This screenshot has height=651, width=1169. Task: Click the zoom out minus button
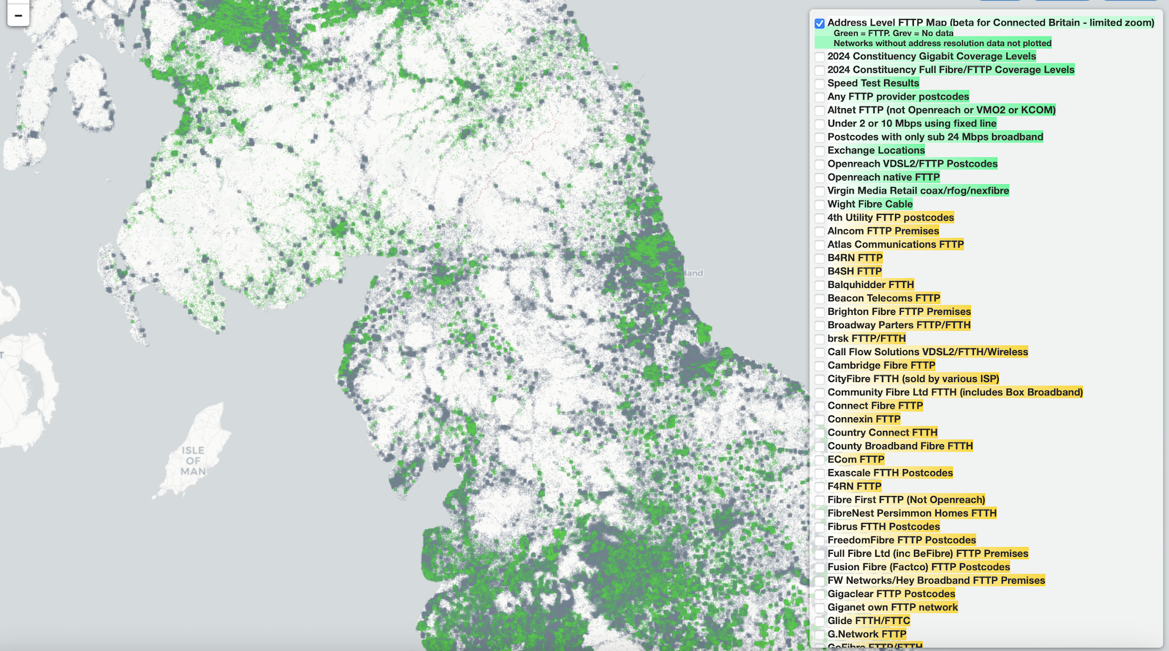pyautogui.click(x=18, y=15)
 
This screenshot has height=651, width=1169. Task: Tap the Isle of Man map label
pyautogui.click(x=194, y=461)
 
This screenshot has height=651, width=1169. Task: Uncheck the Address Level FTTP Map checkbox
pyautogui.click(x=820, y=23)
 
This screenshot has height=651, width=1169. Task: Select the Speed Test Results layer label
pyautogui.click(x=873, y=83)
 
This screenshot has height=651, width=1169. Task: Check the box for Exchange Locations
pyautogui.click(x=820, y=151)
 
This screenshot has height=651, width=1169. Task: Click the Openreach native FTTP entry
pyautogui.click(x=883, y=178)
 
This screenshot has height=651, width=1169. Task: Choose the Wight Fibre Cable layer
pyautogui.click(x=869, y=205)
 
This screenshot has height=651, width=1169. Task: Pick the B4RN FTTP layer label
pyautogui.click(x=855, y=258)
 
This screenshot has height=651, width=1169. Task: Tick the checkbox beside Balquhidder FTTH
pyautogui.click(x=820, y=286)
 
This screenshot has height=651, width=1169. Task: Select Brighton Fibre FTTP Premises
pyautogui.click(x=899, y=312)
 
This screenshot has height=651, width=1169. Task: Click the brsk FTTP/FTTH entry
pyautogui.click(x=867, y=339)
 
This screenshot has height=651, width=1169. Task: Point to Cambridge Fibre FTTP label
pyautogui.click(x=881, y=365)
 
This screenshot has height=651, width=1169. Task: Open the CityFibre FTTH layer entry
pyautogui.click(x=913, y=379)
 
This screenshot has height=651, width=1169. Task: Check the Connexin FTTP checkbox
pyautogui.click(x=820, y=420)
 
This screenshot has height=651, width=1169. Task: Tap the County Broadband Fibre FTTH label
pyautogui.click(x=900, y=446)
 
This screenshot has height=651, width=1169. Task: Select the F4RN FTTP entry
pyautogui.click(x=854, y=487)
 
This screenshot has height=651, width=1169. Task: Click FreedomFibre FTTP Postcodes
pyautogui.click(x=902, y=541)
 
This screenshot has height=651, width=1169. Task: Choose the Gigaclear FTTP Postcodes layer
pyautogui.click(x=891, y=594)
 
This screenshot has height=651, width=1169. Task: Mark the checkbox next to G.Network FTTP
pyautogui.click(x=820, y=635)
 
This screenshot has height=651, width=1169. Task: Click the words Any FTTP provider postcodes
pyautogui.click(x=898, y=96)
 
